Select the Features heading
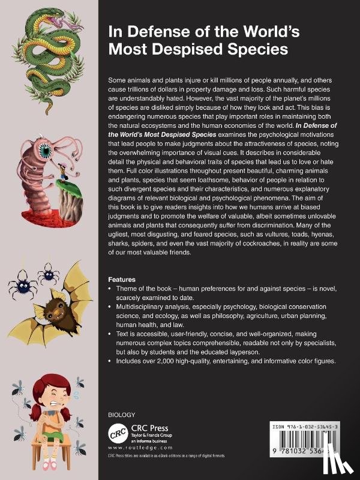coord(121,280)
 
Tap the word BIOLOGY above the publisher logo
coord(121,415)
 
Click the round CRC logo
coord(116,432)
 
